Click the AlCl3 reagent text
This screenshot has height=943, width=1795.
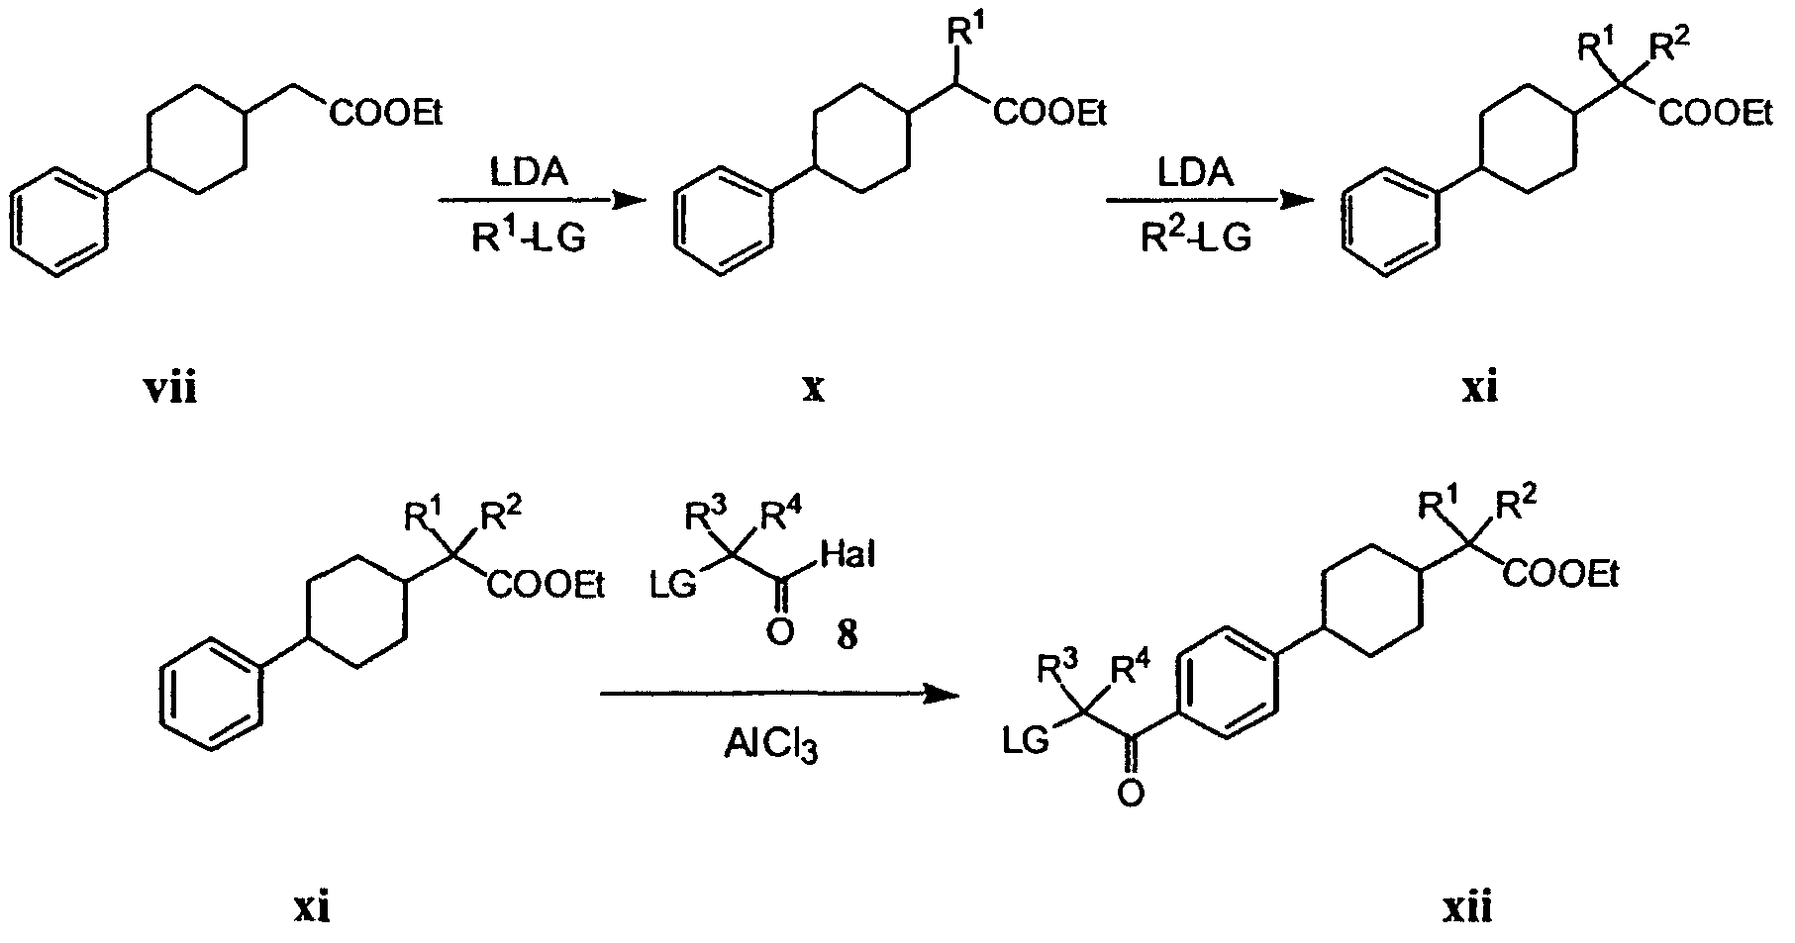point(771,747)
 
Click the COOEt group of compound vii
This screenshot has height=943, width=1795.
point(386,116)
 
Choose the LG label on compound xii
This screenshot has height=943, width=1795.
point(1026,741)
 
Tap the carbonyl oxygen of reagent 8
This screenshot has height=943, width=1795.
point(779,631)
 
